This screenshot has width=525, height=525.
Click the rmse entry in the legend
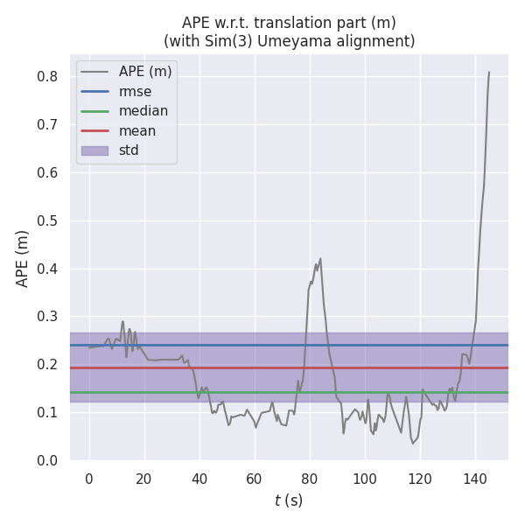135,91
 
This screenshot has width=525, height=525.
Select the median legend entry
143,111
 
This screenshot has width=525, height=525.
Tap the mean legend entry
137,131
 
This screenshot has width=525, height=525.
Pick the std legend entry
129,150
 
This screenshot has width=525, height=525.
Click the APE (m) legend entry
145,72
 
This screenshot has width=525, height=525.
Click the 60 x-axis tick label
255,478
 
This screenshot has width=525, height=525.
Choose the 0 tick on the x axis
89,478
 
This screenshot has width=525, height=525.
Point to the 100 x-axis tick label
365,478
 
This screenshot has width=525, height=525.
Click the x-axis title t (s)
289,500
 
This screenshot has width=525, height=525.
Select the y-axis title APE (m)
23,258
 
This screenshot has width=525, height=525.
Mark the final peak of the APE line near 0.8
489,73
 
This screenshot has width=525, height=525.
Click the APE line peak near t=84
320,258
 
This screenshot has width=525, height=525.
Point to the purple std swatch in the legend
94,150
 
